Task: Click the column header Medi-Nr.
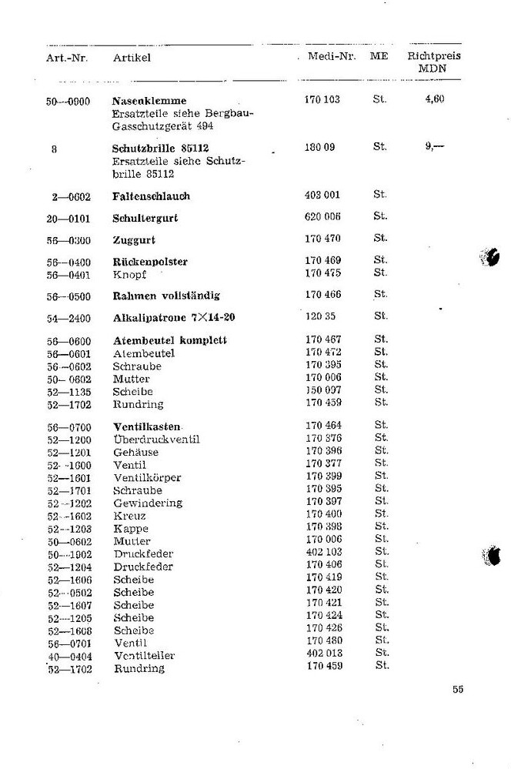(x=331, y=57)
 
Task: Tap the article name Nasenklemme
(x=149, y=101)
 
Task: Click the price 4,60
(x=435, y=99)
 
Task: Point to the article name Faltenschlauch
(x=151, y=196)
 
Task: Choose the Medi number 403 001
(x=322, y=196)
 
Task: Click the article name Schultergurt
(x=145, y=218)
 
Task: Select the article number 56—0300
(x=68, y=240)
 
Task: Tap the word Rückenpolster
(x=149, y=262)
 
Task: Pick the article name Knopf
(x=129, y=274)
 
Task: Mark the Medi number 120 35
(x=319, y=316)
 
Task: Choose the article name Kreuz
(x=129, y=516)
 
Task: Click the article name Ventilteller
(x=144, y=656)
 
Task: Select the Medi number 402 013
(x=323, y=654)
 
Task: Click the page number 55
(x=458, y=689)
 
